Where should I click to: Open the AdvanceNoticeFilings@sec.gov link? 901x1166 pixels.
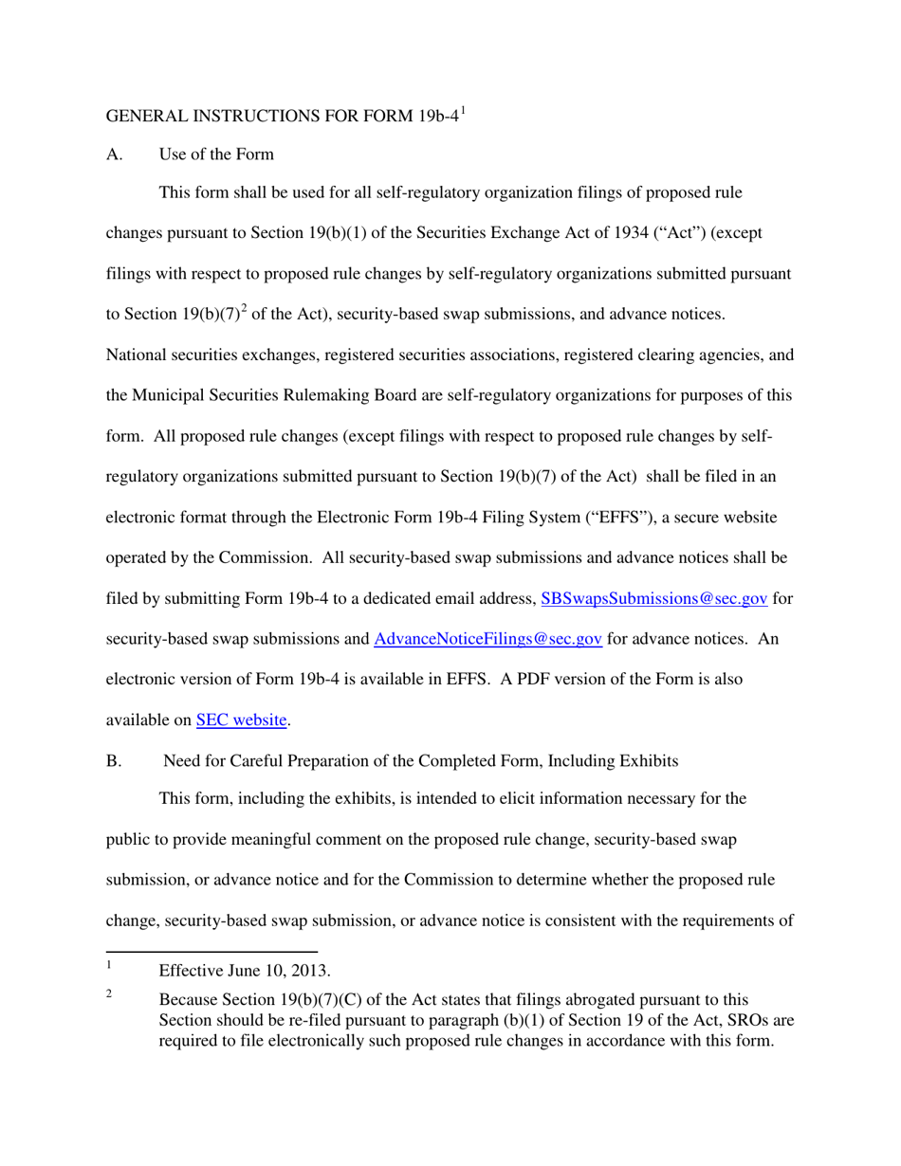pyautogui.click(x=488, y=639)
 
